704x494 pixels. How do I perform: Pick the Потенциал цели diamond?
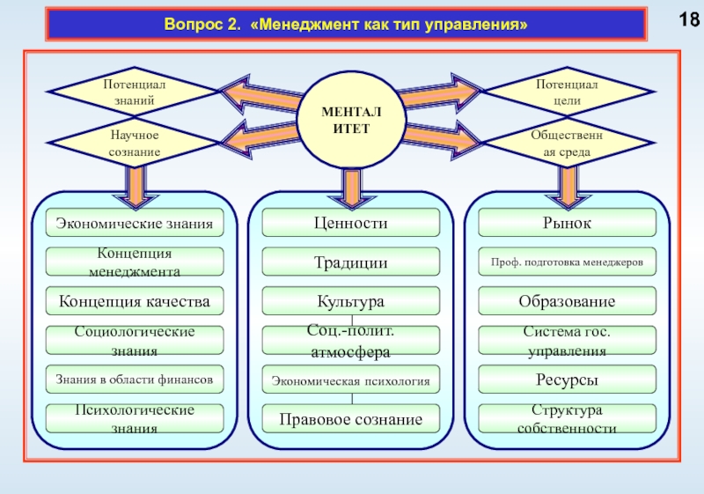click(568, 92)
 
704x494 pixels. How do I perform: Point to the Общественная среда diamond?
click(567, 143)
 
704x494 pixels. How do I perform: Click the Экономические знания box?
click(135, 224)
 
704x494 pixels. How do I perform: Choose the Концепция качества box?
click(135, 302)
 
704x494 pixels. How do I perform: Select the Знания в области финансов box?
click(135, 380)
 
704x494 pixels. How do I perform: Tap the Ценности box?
click(351, 224)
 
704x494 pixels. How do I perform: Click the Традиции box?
click(351, 262)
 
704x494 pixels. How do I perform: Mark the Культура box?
click(351, 302)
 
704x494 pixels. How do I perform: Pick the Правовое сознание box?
click(351, 419)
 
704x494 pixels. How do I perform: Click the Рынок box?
click(568, 224)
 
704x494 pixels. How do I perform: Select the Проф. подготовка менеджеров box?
click(568, 262)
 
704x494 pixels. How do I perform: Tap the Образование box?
click(568, 302)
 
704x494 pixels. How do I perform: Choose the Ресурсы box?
click(568, 380)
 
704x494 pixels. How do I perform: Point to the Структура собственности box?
click(568, 419)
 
